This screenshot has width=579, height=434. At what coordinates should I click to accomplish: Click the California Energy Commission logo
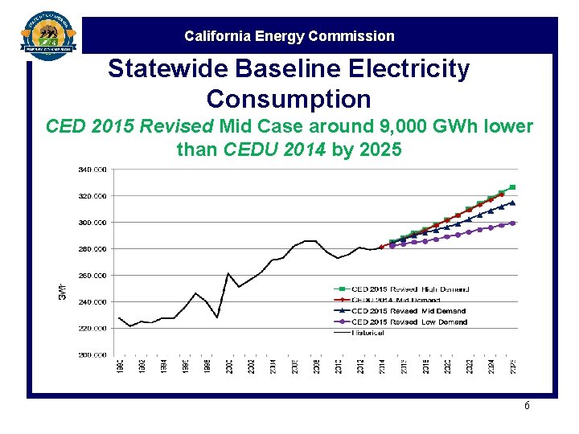click(x=49, y=37)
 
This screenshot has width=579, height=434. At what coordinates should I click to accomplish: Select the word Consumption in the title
click(x=289, y=99)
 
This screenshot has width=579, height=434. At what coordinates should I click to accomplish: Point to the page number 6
click(x=527, y=406)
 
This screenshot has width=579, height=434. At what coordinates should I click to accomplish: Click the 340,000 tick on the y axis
click(x=92, y=169)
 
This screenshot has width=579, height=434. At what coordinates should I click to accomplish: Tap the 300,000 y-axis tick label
click(x=92, y=222)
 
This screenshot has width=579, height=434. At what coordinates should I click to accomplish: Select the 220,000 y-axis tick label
click(x=92, y=328)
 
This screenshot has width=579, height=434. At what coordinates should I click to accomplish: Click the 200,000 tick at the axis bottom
click(x=92, y=354)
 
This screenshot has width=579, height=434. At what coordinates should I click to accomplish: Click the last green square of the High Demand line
click(x=512, y=187)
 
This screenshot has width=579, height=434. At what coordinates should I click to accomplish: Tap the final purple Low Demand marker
click(x=512, y=223)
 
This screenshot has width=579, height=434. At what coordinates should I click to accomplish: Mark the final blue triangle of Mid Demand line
click(x=512, y=203)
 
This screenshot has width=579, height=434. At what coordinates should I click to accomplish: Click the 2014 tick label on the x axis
click(x=382, y=366)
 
